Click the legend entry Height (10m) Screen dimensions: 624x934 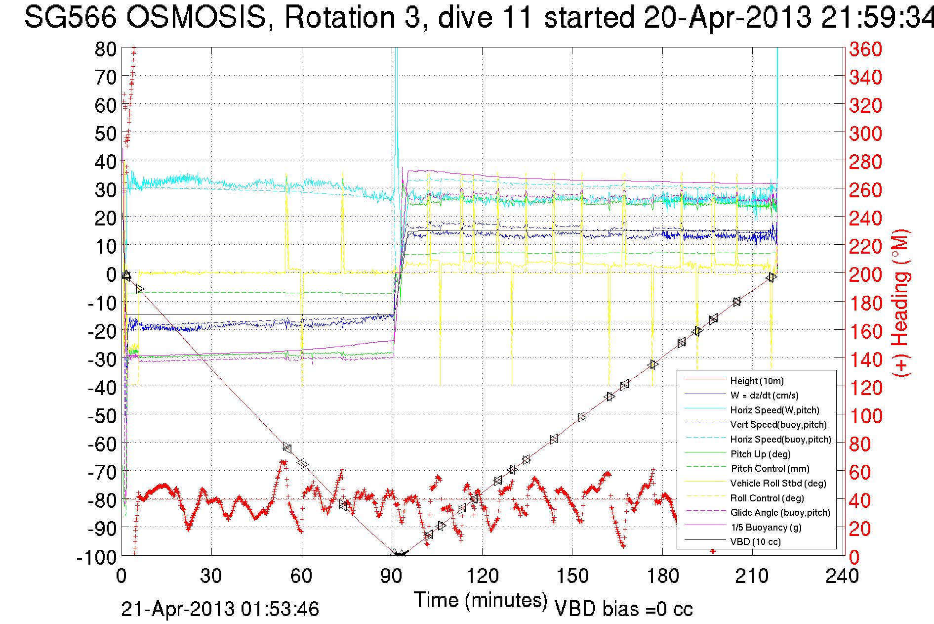pyautogui.click(x=757, y=381)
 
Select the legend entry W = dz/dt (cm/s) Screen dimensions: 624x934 pyautogui.click(x=764, y=396)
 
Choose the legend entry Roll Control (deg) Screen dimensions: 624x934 pyautogui.click(x=767, y=498)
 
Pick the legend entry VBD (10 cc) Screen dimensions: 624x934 pyautogui.click(x=755, y=542)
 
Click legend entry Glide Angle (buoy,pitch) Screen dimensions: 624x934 pyautogui.click(x=780, y=513)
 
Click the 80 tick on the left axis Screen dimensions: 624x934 pyautogui.click(x=105, y=49)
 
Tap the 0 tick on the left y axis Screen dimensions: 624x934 pyautogui.click(x=111, y=274)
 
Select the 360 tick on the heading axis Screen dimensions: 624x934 pyautogui.click(x=865, y=49)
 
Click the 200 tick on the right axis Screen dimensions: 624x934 pyautogui.click(x=865, y=274)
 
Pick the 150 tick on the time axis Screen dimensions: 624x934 pyautogui.click(x=572, y=576)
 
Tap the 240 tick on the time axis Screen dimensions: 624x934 pyautogui.click(x=842, y=576)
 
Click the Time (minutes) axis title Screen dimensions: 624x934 pyautogui.click(x=481, y=600)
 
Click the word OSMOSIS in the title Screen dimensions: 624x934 pyautogui.click(x=196, y=17)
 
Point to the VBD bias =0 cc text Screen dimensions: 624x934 pyautogui.click(x=623, y=609)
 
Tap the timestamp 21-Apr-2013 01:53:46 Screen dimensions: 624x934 pyautogui.click(x=220, y=609)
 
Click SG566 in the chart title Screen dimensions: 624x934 pyautogui.click(x=70, y=17)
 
